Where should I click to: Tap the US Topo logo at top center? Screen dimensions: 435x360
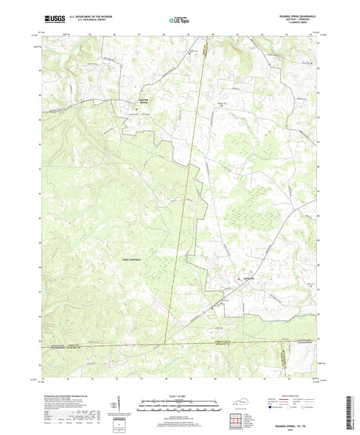pyautogui.click(x=179, y=21)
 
